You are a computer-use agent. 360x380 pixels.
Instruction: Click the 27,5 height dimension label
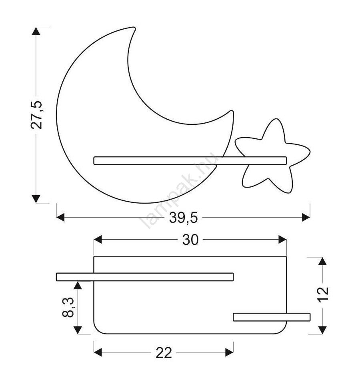click(37, 115)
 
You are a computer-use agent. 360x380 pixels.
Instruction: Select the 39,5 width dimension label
click(184, 217)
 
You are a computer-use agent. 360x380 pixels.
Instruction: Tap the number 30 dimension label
click(190, 240)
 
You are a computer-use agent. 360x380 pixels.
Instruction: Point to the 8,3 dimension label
click(68, 307)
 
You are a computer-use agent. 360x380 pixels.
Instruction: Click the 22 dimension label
click(164, 353)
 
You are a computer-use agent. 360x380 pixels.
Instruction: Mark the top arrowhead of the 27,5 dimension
click(36, 31)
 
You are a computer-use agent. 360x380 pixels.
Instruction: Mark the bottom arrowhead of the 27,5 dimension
click(36, 199)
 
